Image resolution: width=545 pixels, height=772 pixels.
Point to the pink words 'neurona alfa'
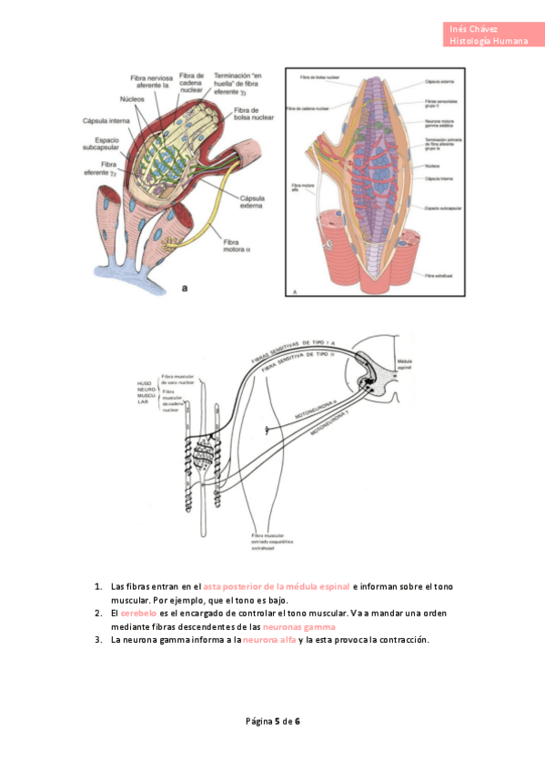268,639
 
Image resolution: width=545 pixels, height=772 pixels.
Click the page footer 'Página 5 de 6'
273,721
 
